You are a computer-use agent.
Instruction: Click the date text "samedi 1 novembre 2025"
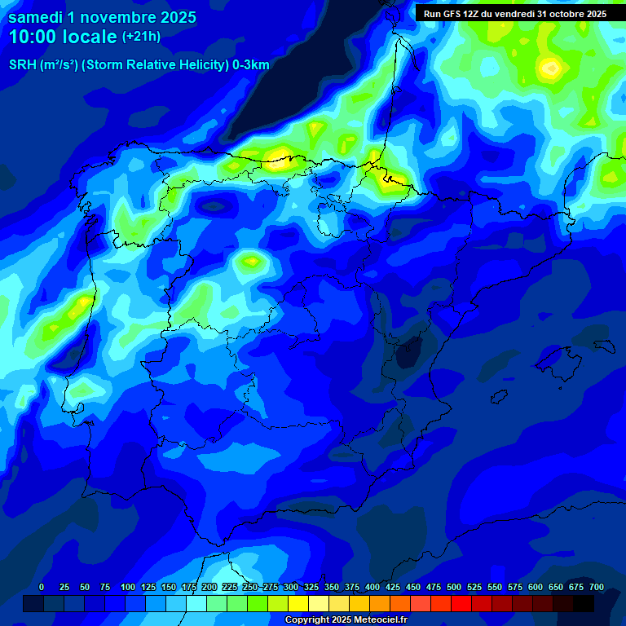point(102,17)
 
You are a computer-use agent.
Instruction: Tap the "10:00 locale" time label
point(63,37)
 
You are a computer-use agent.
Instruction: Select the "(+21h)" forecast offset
point(141,37)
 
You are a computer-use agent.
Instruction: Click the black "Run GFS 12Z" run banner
point(514,14)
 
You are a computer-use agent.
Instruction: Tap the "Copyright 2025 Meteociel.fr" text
point(346,620)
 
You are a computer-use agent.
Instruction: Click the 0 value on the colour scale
point(42,588)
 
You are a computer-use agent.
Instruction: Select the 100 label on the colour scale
point(128,588)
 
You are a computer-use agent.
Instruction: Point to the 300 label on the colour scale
point(291,588)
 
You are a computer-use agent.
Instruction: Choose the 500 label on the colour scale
point(454,588)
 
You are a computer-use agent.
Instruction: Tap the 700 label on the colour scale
point(597,588)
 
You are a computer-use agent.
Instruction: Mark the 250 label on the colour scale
point(250,588)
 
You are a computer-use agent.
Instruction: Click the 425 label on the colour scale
point(393,588)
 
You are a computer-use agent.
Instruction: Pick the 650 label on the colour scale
point(556,588)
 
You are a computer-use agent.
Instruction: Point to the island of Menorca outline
point(604,346)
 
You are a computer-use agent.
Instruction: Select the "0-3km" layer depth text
point(251,65)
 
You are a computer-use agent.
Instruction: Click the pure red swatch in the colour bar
point(461,603)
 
